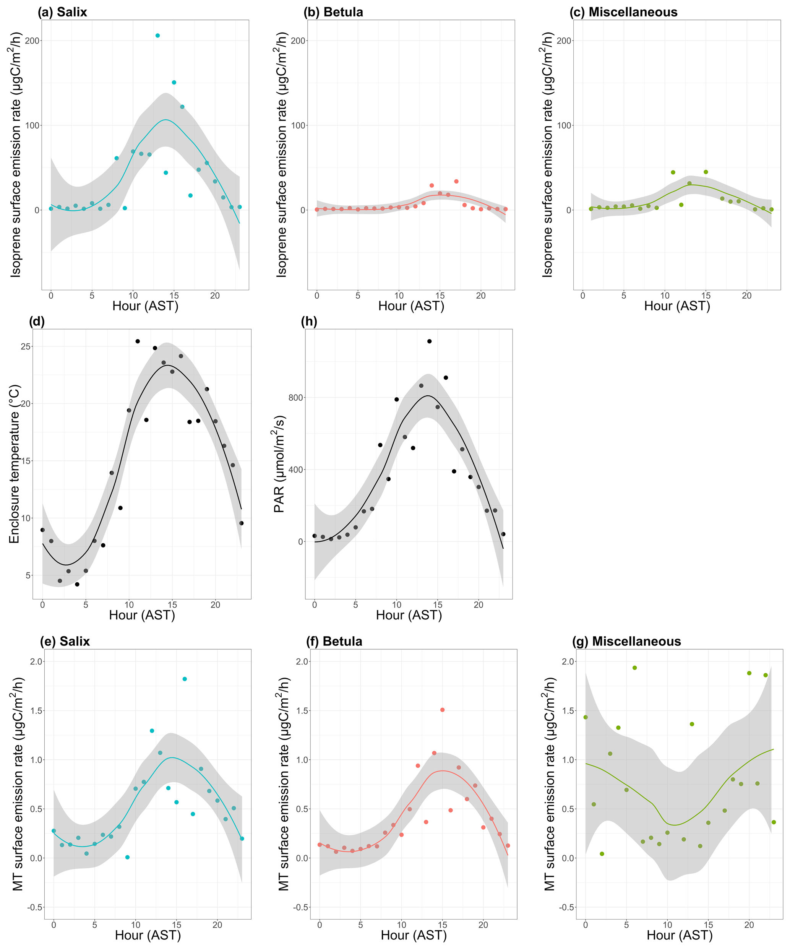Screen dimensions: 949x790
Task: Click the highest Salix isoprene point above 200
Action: click(x=157, y=35)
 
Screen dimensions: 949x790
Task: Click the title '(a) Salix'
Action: click(x=62, y=12)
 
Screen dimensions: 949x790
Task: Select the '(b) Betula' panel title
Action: click(x=333, y=12)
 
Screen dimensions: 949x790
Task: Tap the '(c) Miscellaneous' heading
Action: click(x=623, y=12)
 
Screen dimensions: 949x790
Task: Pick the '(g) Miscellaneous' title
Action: click(x=626, y=641)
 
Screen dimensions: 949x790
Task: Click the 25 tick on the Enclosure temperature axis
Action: click(x=26, y=347)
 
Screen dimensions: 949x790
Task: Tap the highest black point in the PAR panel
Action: click(x=429, y=341)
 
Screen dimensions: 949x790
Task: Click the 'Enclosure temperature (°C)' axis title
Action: click(x=15, y=464)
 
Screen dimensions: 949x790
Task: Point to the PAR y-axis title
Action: click(x=279, y=464)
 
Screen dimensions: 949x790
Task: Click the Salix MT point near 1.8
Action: click(x=184, y=679)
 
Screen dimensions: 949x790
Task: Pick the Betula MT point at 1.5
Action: click(x=442, y=710)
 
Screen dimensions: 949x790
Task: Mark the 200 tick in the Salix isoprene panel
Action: click(x=32, y=41)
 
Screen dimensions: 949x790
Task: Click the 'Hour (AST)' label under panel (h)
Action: click(x=409, y=615)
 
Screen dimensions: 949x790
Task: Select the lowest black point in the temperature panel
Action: click(x=77, y=584)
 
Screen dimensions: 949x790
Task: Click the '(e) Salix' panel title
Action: click(x=65, y=641)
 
